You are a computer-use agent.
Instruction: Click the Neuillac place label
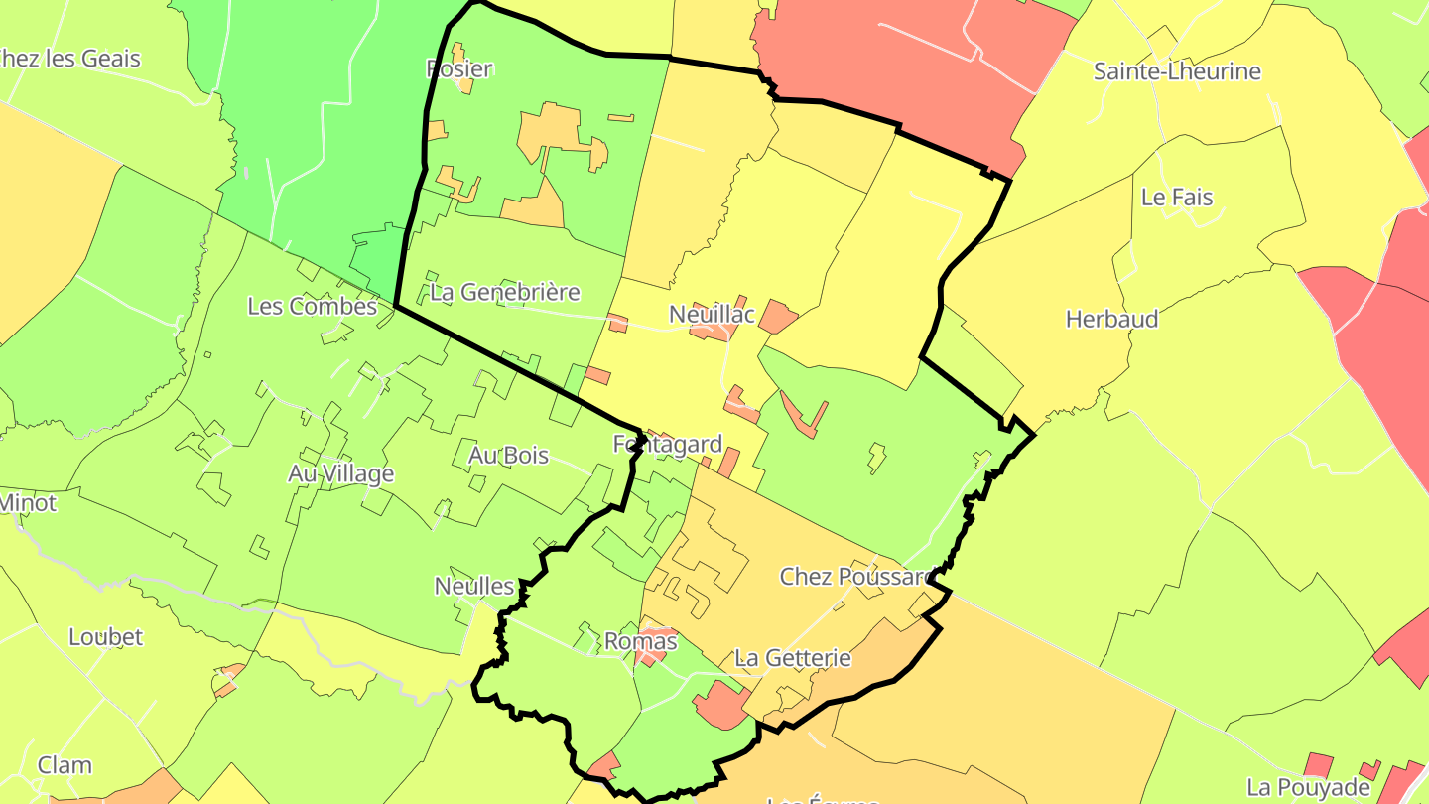(x=712, y=315)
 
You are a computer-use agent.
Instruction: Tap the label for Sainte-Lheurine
(x=1177, y=71)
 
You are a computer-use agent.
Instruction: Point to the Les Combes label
(x=312, y=306)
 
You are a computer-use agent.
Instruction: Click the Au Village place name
(x=340, y=474)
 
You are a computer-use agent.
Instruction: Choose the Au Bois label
(x=508, y=456)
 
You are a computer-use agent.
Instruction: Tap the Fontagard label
(x=667, y=445)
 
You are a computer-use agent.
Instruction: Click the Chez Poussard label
(x=855, y=577)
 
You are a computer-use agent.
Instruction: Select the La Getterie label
(x=792, y=658)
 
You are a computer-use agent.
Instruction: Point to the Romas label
(x=640, y=642)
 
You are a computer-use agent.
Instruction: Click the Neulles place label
(x=474, y=587)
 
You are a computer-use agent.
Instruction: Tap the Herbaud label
(x=1111, y=320)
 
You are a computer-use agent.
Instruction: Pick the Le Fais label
(x=1177, y=198)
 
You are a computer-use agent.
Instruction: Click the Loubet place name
(x=105, y=637)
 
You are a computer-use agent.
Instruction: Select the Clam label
(x=65, y=766)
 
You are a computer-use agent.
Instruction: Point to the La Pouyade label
(x=1308, y=788)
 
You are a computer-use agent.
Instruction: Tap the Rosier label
(x=458, y=69)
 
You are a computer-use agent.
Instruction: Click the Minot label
(x=27, y=503)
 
